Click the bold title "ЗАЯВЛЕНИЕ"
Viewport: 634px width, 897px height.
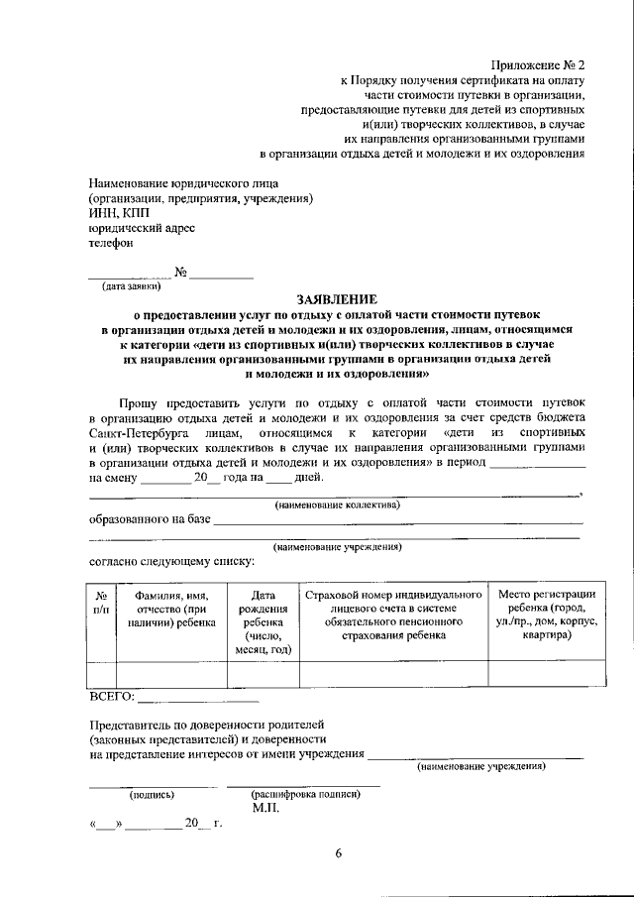click(337, 299)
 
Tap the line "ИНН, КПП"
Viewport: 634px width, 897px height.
click(116, 212)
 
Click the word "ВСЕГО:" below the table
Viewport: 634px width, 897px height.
click(111, 697)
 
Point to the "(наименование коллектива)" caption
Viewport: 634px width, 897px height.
click(337, 505)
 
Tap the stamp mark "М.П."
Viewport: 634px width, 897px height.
click(265, 808)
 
